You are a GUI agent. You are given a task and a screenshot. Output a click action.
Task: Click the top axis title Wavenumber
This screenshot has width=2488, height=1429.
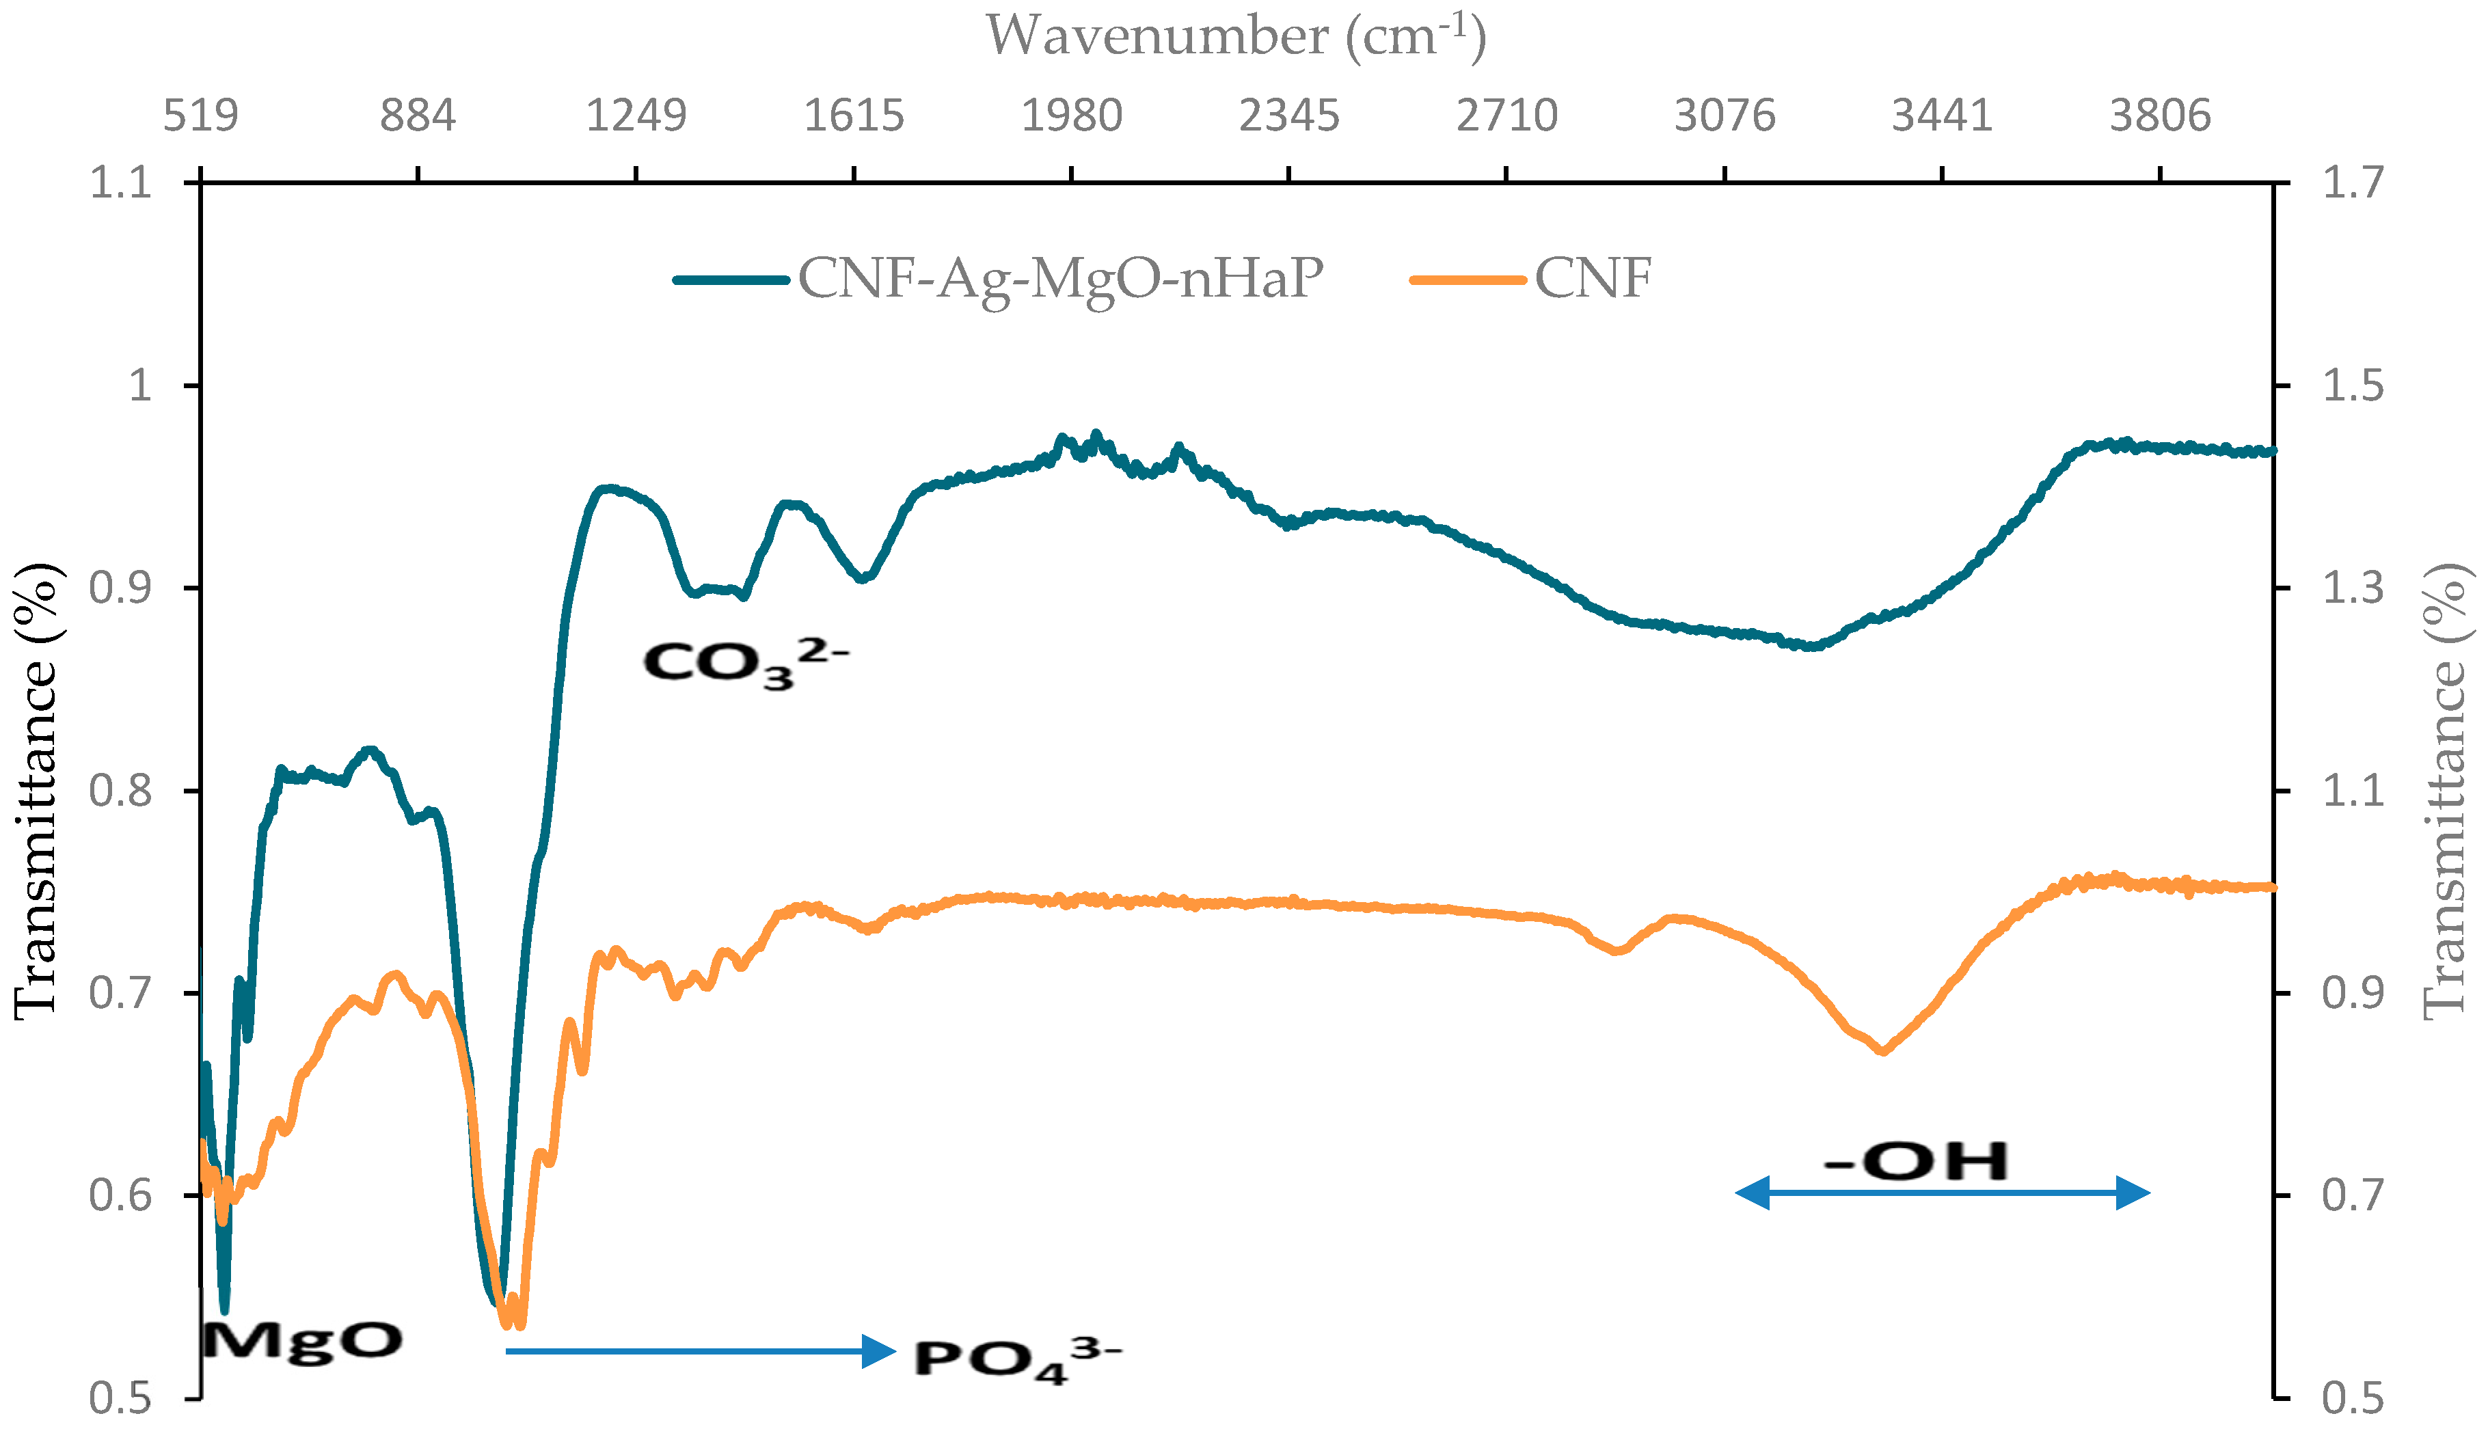pyautogui.click(x=1234, y=38)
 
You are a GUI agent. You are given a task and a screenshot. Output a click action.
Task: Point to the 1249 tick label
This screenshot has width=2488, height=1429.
pyautogui.click(x=636, y=115)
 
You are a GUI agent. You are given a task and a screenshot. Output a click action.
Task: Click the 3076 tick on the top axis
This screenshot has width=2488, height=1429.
pyautogui.click(x=1725, y=115)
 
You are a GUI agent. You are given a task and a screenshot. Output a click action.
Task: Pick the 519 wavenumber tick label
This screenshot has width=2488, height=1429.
pyautogui.click(x=200, y=115)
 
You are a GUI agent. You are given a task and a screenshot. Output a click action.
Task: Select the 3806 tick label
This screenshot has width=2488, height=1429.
pyautogui.click(x=2160, y=115)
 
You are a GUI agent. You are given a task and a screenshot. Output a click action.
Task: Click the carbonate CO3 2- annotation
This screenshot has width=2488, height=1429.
pyautogui.click(x=744, y=662)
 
